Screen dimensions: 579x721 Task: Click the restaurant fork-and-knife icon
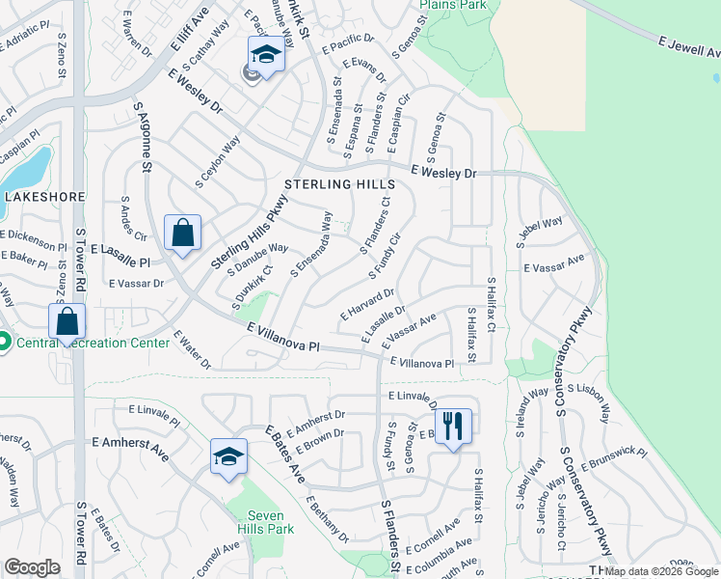point(453,425)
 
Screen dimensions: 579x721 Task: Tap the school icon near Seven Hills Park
point(228,456)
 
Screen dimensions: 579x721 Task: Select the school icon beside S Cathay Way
point(265,54)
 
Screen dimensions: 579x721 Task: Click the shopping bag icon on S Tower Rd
point(67,321)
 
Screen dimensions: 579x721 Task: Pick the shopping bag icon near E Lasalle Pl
point(182,233)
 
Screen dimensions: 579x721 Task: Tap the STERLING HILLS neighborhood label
point(338,184)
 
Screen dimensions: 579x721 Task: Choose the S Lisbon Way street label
point(589,402)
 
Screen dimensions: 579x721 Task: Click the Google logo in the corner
point(32,567)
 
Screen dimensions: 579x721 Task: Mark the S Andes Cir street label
point(130,219)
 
